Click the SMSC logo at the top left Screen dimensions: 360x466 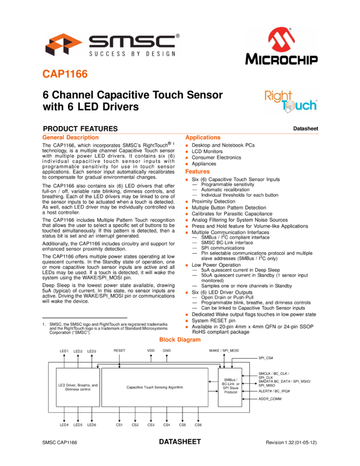pyautogui.click(x=112, y=45)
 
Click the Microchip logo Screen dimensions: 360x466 pyautogui.click(x=281, y=46)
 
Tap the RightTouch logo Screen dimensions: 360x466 pyautogui.click(x=291, y=101)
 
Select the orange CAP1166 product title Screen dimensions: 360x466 pyautogui.click(x=65, y=74)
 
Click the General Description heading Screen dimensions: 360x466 pyautogui.click(x=70, y=137)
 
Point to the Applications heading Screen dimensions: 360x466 pyautogui.click(x=203, y=137)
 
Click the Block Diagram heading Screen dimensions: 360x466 pyautogui.click(x=180, y=339)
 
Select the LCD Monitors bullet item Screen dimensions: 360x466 pyautogui.click(x=207, y=151)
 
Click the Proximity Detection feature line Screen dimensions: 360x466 pyautogui.click(x=213, y=201)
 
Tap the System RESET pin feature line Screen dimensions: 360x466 pyautogui.click(x=213, y=320)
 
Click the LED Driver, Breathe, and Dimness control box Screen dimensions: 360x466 pyautogui.click(x=78, y=387)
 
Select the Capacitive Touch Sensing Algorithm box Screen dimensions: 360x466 pyautogui.click(x=155, y=387)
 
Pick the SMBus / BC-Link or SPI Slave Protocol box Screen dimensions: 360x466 pyautogui.click(x=230, y=387)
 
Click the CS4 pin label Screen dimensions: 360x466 pyautogui.click(x=167, y=425)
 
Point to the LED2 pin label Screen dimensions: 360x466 pyautogui.click(x=78, y=351)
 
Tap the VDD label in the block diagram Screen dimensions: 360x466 pyautogui.click(x=151, y=350)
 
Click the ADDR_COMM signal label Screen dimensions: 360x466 pyautogui.click(x=270, y=399)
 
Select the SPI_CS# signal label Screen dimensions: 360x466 pyautogui.click(x=266, y=358)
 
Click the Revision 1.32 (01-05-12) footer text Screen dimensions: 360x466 pyautogui.click(x=291, y=442)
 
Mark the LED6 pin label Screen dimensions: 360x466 pyautogui.click(x=92, y=425)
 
